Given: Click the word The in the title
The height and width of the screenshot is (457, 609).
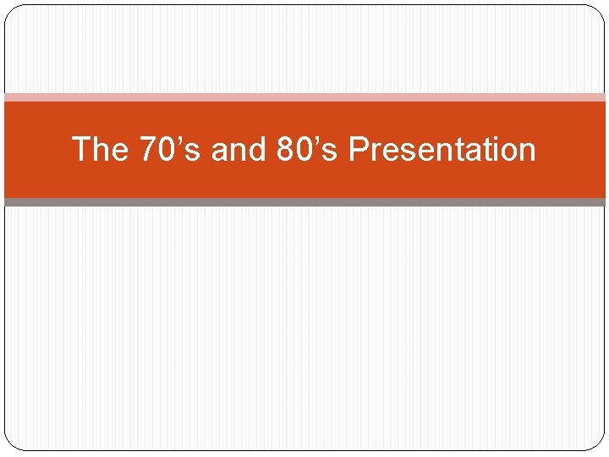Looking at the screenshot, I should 100,150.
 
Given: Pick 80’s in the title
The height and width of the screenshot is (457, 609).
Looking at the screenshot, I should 307,150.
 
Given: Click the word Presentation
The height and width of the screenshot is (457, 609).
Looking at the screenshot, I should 442,150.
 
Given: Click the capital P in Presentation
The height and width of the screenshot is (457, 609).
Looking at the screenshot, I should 358,150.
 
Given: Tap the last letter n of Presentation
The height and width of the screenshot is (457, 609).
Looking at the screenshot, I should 527,152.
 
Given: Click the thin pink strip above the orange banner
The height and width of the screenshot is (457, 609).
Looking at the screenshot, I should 304,97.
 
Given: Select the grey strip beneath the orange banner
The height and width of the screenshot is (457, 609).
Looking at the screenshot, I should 304,202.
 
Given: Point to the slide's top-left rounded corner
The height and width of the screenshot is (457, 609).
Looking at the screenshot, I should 11,11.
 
